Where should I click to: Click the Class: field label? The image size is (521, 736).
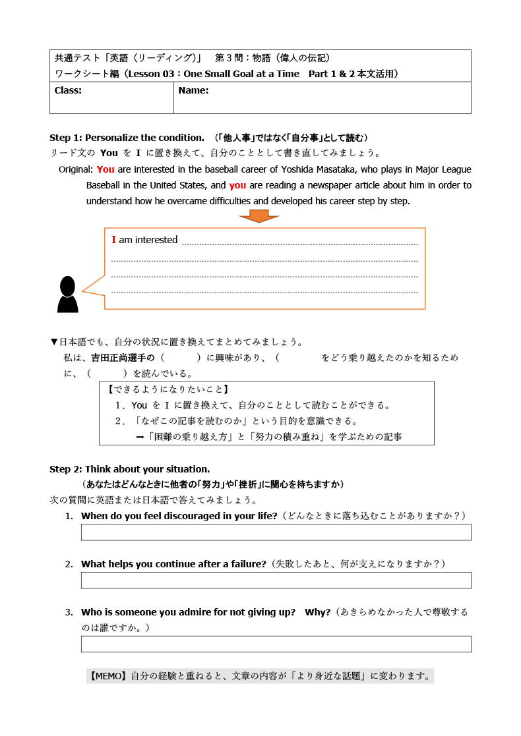click(x=68, y=91)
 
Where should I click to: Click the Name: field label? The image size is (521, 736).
click(x=193, y=91)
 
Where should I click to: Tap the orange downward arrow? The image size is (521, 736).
click(x=259, y=216)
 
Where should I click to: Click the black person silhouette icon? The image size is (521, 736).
click(x=67, y=295)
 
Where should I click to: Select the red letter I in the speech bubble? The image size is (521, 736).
click(x=113, y=240)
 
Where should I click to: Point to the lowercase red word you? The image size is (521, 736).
click(x=238, y=185)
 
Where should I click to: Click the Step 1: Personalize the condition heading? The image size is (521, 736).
click(x=127, y=138)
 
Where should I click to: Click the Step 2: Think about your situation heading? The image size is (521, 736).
click(x=129, y=469)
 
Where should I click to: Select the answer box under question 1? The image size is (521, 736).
click(x=276, y=532)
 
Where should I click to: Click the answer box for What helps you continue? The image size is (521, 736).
click(x=276, y=580)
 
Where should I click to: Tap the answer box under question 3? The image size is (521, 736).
click(x=276, y=644)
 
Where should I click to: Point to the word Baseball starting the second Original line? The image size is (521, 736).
click(x=105, y=185)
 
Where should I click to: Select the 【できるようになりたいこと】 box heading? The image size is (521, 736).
click(x=168, y=389)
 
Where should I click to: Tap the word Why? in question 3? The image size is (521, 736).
click(x=318, y=612)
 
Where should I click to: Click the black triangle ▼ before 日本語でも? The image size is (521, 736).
click(x=54, y=342)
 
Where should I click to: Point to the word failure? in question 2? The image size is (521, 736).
click(x=247, y=564)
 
